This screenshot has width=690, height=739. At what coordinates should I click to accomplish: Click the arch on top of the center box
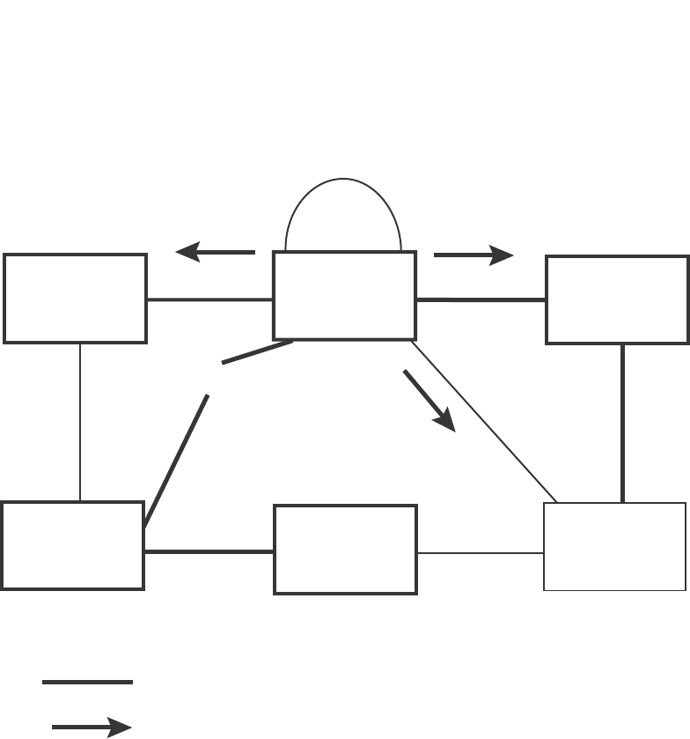click(x=343, y=181)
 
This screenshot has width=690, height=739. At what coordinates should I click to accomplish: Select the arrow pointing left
click(x=216, y=253)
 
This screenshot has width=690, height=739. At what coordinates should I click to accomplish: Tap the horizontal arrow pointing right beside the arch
click(x=473, y=255)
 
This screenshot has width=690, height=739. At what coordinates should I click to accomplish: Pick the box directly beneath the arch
click(x=344, y=296)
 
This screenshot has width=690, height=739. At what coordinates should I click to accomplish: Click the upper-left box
click(x=75, y=299)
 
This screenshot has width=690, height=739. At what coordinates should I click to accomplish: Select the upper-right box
click(x=617, y=299)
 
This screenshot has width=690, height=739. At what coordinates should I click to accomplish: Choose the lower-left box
click(x=72, y=545)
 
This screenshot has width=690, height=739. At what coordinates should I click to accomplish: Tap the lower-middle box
click(x=345, y=550)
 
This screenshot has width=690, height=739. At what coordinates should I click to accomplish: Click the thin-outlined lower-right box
click(x=614, y=546)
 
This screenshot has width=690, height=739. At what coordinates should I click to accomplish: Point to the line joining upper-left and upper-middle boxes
click(x=209, y=299)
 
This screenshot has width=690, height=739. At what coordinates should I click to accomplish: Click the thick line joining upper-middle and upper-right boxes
click(x=481, y=300)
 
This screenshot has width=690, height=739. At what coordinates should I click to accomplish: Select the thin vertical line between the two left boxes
click(x=80, y=422)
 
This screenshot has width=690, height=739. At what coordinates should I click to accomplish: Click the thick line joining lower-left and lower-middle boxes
click(x=209, y=551)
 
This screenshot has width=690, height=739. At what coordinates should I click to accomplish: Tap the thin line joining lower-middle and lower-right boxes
click(x=481, y=553)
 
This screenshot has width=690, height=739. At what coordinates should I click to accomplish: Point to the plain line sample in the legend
click(x=87, y=682)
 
